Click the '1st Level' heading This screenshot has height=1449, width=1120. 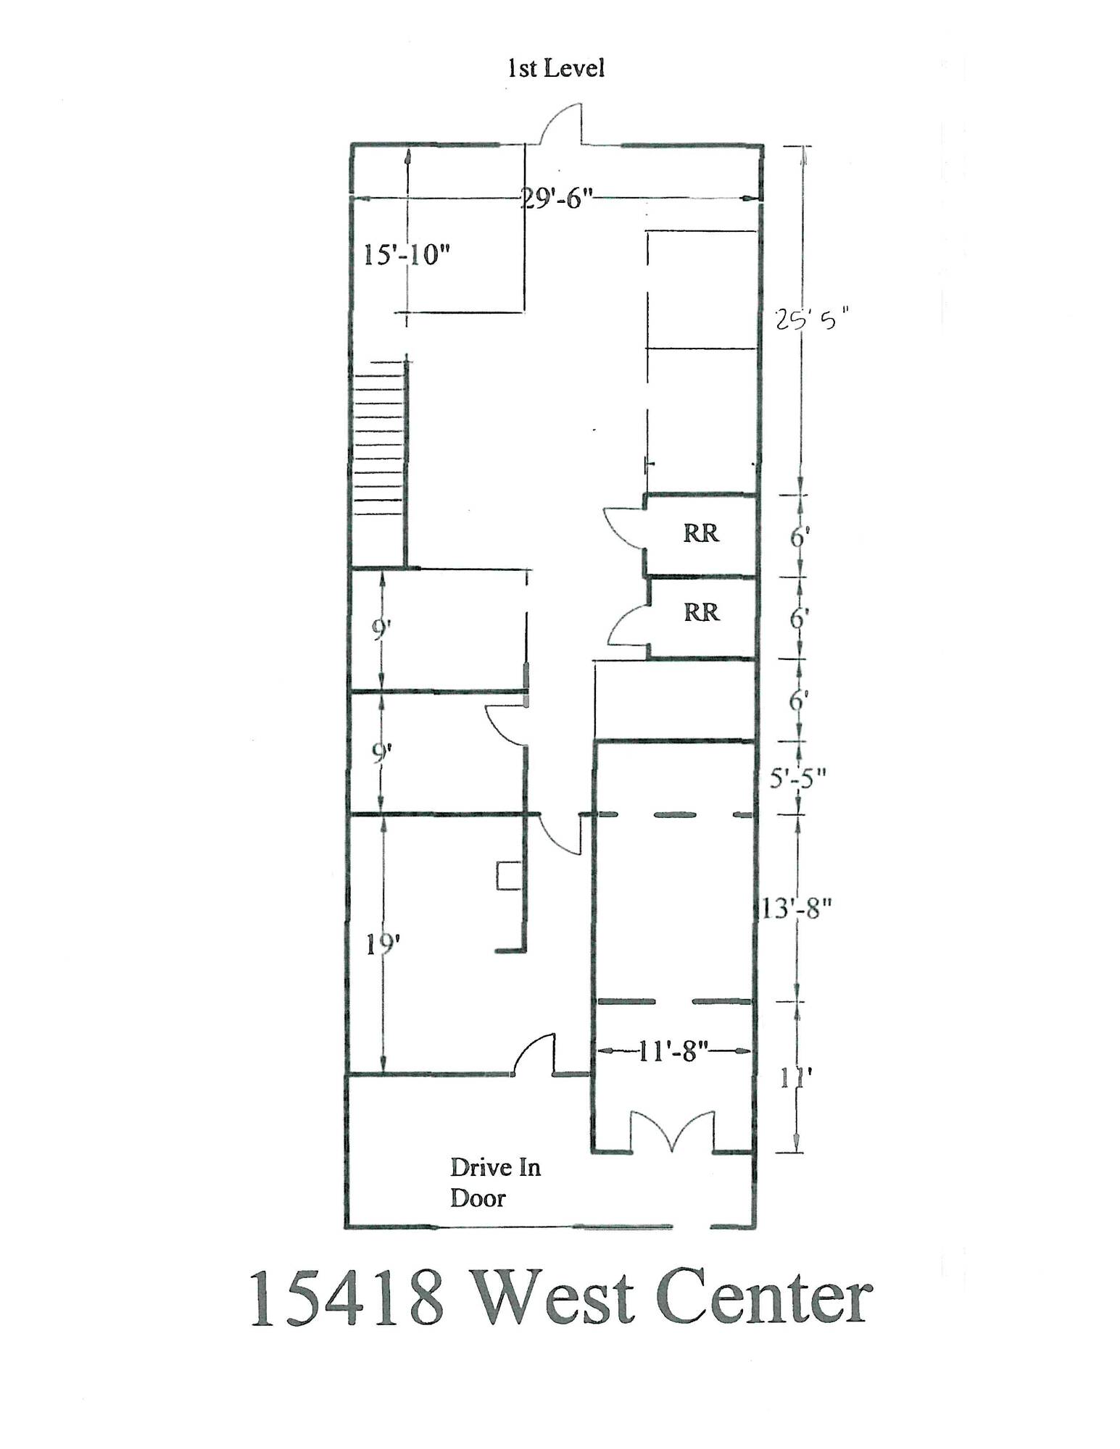click(555, 69)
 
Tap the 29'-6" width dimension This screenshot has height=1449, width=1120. click(557, 198)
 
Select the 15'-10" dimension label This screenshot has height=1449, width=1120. click(406, 255)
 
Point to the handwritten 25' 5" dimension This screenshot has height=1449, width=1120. click(810, 320)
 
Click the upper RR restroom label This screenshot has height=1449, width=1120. click(700, 533)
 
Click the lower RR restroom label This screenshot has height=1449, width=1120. click(701, 612)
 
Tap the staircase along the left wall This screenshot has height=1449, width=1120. click(378, 464)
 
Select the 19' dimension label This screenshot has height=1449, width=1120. click(383, 944)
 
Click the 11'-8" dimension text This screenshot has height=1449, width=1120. click(673, 1051)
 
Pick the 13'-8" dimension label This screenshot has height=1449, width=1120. click(795, 907)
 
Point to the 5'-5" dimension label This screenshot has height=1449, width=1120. click(797, 778)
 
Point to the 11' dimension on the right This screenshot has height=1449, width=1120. click(795, 1079)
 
